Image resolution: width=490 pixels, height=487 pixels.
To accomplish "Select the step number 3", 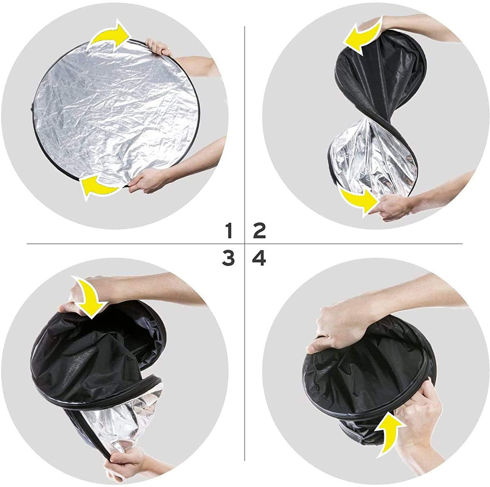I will [229, 259].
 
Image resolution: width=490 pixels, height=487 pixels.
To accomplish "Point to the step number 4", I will [259, 259].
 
